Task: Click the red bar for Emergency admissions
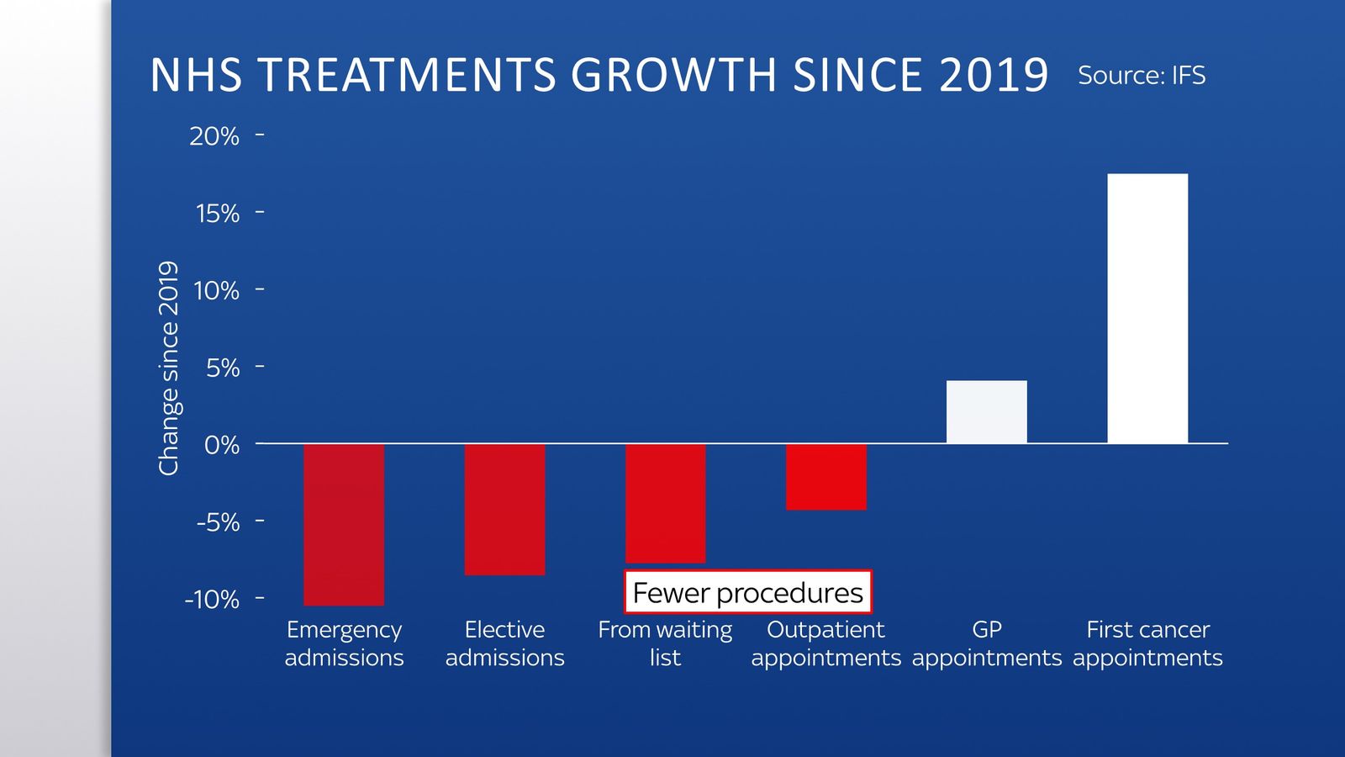[x=344, y=524]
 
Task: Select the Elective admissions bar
[x=504, y=509]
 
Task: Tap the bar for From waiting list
[x=665, y=502]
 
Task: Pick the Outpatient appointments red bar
[x=825, y=476]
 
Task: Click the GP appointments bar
[x=986, y=412]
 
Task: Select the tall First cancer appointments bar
[x=1147, y=308]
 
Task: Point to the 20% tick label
[x=214, y=136]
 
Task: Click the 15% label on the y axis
[x=217, y=214]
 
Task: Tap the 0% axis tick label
[x=221, y=445]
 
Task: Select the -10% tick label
[x=212, y=600]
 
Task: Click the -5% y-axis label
[x=218, y=522]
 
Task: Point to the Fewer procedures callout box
[x=747, y=593]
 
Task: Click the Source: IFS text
[x=1141, y=76]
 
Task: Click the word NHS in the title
[x=196, y=76]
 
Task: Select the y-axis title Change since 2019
[x=169, y=368]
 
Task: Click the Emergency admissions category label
[x=344, y=643]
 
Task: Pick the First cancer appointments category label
[x=1147, y=643]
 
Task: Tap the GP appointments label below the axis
[x=986, y=643]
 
